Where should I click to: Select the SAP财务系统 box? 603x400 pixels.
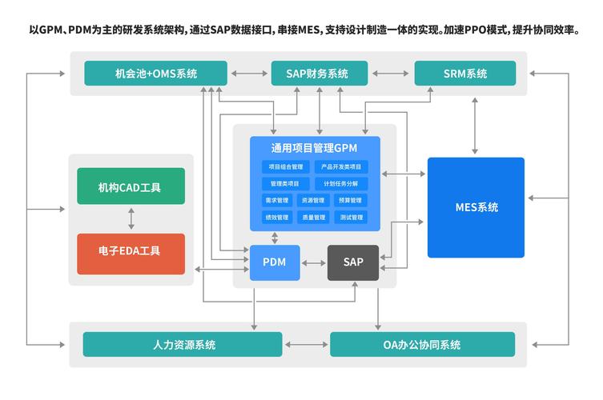(319, 74)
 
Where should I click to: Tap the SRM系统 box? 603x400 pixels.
(465, 74)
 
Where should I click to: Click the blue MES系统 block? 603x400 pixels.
(476, 207)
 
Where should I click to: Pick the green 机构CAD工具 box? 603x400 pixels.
(131, 186)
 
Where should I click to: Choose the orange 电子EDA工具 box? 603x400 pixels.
(131, 251)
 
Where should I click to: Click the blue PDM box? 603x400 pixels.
(274, 262)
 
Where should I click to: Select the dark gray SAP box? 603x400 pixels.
(353, 262)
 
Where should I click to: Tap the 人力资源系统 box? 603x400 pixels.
(183, 345)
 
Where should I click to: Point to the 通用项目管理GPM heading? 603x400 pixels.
(314, 148)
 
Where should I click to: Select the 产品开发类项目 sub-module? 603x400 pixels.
(341, 167)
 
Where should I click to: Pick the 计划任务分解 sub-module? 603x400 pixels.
(341, 183)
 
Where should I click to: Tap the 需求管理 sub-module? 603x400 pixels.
(276, 200)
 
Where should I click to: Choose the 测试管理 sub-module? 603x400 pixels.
(352, 217)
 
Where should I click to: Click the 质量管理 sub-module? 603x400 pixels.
(313, 217)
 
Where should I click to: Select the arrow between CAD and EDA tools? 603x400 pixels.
(131, 218)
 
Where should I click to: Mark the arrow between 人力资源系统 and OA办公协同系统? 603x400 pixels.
(306, 345)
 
